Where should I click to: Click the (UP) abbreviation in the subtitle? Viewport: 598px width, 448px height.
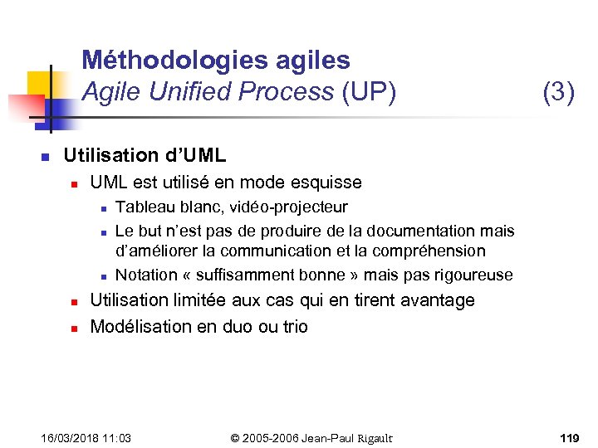point(368,91)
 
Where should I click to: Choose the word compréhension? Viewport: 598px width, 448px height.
point(432,251)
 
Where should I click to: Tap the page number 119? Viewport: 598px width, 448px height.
point(569,437)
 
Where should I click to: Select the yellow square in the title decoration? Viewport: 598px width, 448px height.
point(40,84)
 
